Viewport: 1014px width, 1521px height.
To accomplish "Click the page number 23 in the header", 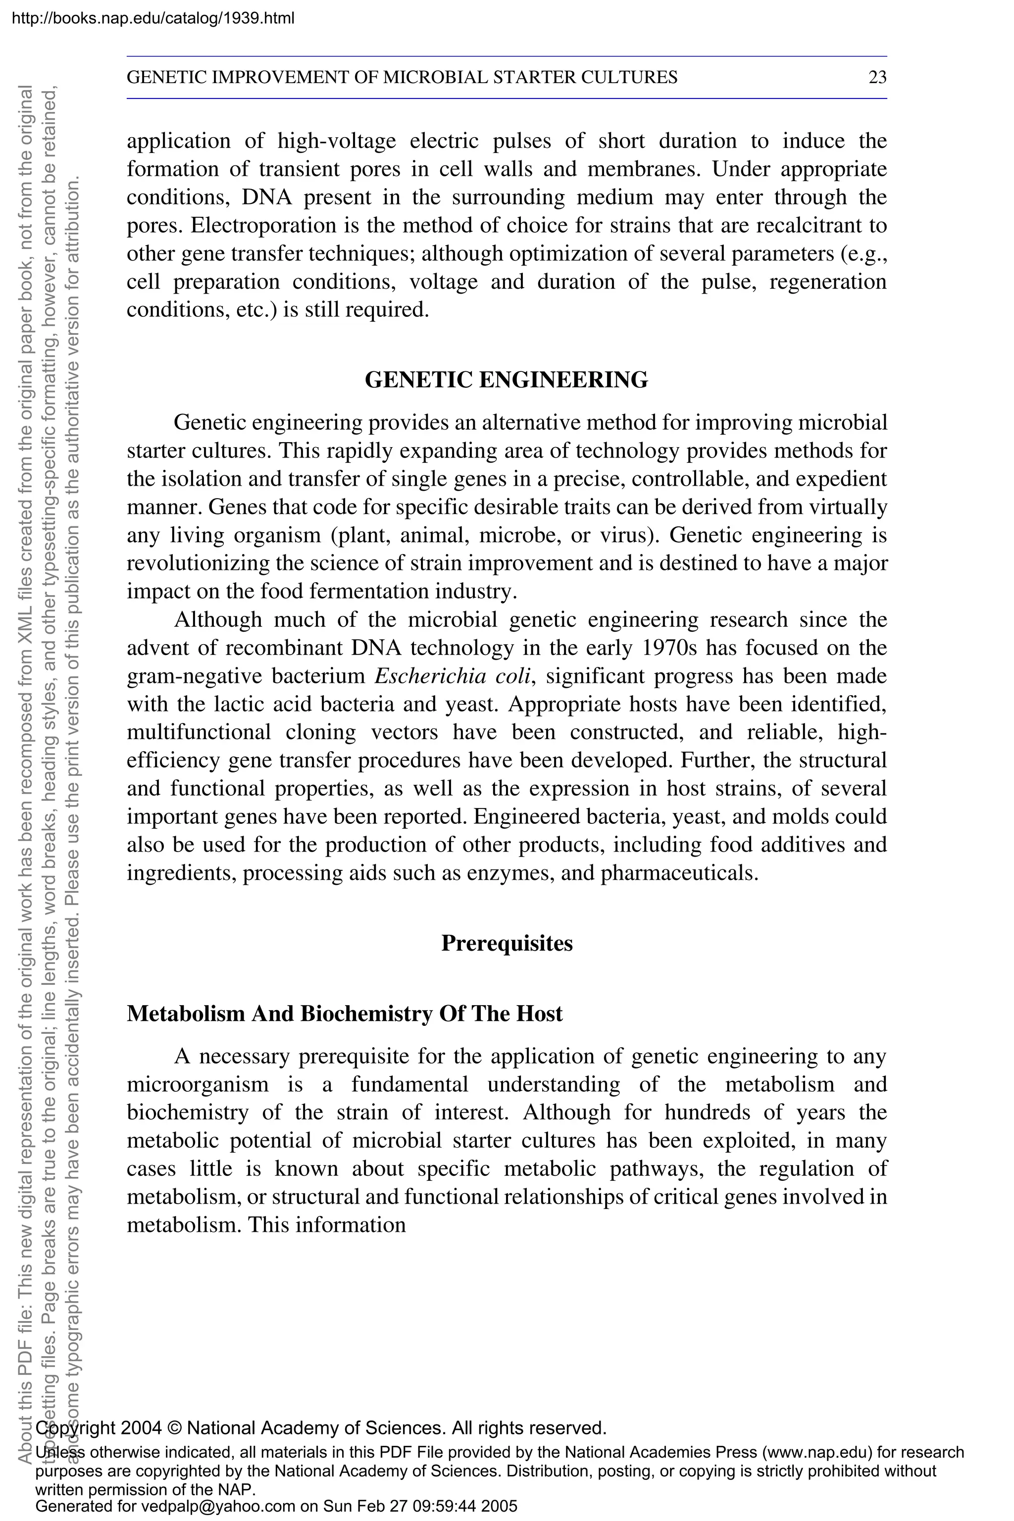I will click(x=877, y=78).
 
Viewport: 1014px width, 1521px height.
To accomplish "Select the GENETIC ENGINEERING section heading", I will click(x=507, y=380).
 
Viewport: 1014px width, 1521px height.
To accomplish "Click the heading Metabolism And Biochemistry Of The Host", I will click(x=345, y=1014).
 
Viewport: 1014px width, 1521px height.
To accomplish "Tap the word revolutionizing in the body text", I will click(x=199, y=564).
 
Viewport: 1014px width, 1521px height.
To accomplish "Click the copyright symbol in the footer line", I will click(x=175, y=1428).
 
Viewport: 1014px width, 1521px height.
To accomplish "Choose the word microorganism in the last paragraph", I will click(x=197, y=1084).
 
